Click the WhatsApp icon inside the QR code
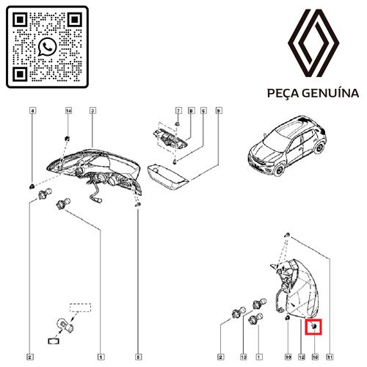pyautogui.click(x=48, y=47)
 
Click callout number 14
pyautogui.click(x=68, y=111)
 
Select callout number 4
pyautogui.click(x=32, y=111)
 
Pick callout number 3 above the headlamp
pyautogui.click(x=93, y=111)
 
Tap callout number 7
pyautogui.click(x=178, y=111)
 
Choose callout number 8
pyautogui.click(x=191, y=111)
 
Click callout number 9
pyautogui.click(x=219, y=111)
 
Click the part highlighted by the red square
pyautogui.click(x=313, y=324)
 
